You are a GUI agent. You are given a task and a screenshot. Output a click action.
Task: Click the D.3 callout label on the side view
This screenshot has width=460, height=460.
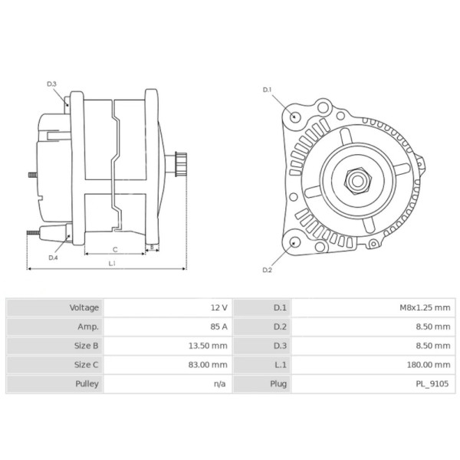tap(52, 84)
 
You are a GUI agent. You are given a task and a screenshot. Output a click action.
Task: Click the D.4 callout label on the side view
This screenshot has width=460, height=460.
tap(53, 258)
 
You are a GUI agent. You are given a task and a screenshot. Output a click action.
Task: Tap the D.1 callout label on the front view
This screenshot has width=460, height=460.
tap(268, 90)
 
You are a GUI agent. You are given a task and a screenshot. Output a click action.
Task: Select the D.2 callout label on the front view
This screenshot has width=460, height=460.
tap(268, 270)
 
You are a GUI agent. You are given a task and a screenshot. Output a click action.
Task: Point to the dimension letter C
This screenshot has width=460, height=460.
tap(114, 249)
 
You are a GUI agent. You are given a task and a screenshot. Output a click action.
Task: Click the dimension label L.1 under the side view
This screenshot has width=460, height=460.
tap(112, 264)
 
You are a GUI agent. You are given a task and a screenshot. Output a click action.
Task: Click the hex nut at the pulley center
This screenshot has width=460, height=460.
tap(358, 180)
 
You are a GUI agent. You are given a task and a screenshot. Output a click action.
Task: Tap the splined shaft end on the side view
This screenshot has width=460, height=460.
tap(180, 164)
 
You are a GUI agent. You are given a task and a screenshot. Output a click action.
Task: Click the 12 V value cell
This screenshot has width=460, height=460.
tap(219, 307)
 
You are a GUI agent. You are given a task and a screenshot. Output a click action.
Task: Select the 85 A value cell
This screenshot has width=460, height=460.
tap(219, 327)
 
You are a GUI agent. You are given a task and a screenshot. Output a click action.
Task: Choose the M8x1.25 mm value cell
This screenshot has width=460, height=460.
tap(425, 307)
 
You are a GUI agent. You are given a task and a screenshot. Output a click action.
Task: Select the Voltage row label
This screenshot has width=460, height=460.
tap(84, 307)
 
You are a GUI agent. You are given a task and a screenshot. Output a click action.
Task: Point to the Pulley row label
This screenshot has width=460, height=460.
tap(87, 383)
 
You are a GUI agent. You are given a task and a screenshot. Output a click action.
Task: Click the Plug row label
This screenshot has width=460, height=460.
tap(278, 383)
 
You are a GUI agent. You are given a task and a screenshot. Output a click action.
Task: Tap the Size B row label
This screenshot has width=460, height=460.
tap(85, 346)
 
